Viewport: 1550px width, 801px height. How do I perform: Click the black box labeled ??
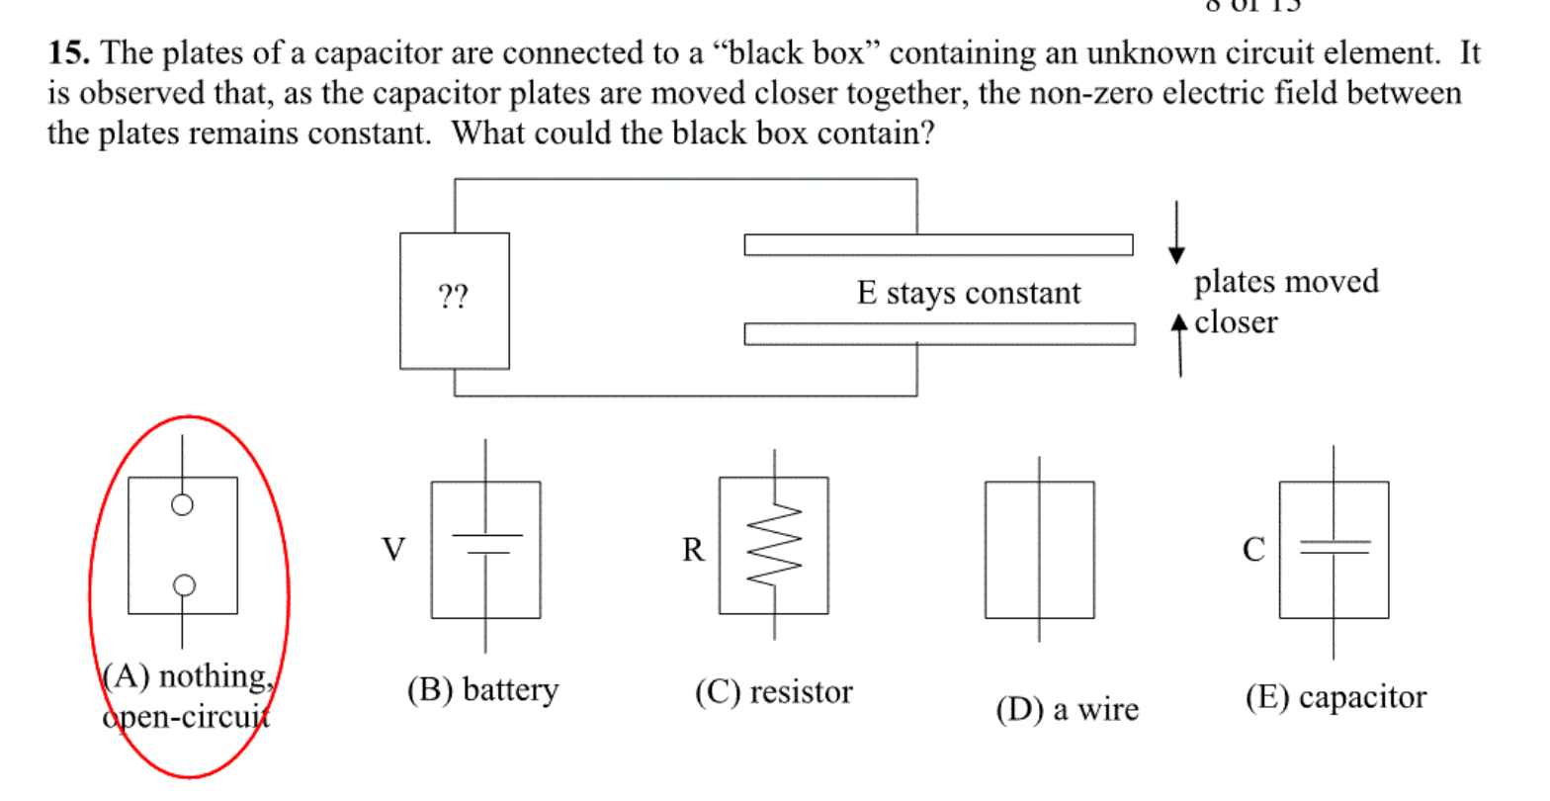coord(454,300)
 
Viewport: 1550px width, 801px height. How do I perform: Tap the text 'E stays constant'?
coord(968,294)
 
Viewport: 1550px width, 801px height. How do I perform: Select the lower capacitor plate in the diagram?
coord(938,333)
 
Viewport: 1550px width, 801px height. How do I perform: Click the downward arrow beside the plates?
coord(1176,233)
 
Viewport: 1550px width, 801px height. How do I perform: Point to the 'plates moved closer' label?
coord(1284,302)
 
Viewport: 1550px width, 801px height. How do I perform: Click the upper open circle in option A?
coord(182,505)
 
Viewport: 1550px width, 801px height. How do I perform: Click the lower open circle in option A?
coord(183,585)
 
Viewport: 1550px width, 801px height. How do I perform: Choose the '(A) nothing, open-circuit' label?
coord(186,696)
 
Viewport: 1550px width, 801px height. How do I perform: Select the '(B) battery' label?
coord(482,689)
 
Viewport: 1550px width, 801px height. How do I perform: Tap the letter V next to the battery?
coord(393,549)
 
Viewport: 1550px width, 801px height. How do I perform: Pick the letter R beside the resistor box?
coord(693,549)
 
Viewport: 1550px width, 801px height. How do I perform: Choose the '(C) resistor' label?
coord(773,692)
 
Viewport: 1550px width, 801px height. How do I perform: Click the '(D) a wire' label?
coord(1067,709)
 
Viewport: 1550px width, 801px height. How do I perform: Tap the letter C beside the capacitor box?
coord(1253,549)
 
